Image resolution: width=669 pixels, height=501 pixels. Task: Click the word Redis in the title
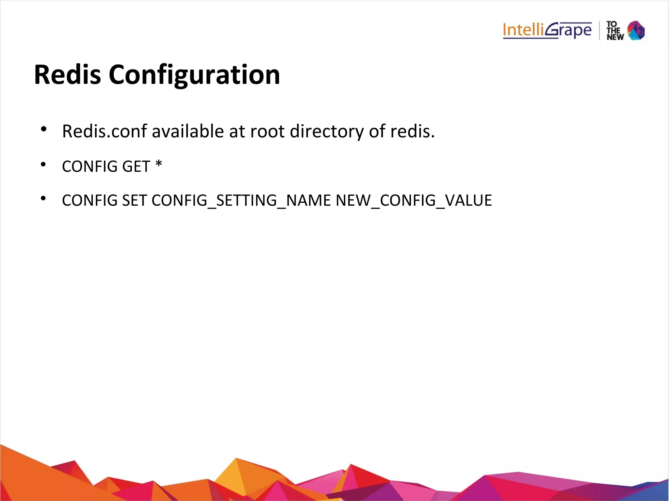tap(67, 75)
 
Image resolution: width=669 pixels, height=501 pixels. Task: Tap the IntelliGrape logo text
tap(547, 31)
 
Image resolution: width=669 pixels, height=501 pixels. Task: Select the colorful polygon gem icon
tap(636, 30)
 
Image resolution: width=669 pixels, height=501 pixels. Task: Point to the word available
tap(188, 132)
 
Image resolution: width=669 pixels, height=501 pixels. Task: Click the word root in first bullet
tap(268, 132)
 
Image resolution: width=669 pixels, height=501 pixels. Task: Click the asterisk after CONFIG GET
tap(159, 164)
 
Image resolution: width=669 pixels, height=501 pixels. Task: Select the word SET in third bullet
tap(134, 200)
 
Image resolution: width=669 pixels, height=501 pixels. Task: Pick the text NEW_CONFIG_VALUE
tap(414, 201)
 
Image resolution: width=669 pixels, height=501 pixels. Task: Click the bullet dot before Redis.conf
tap(43, 129)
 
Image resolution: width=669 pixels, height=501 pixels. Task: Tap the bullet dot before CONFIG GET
tap(43, 164)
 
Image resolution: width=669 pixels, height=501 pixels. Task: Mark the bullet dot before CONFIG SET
tap(43, 198)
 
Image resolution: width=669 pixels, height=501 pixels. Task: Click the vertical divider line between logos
tap(599, 31)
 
